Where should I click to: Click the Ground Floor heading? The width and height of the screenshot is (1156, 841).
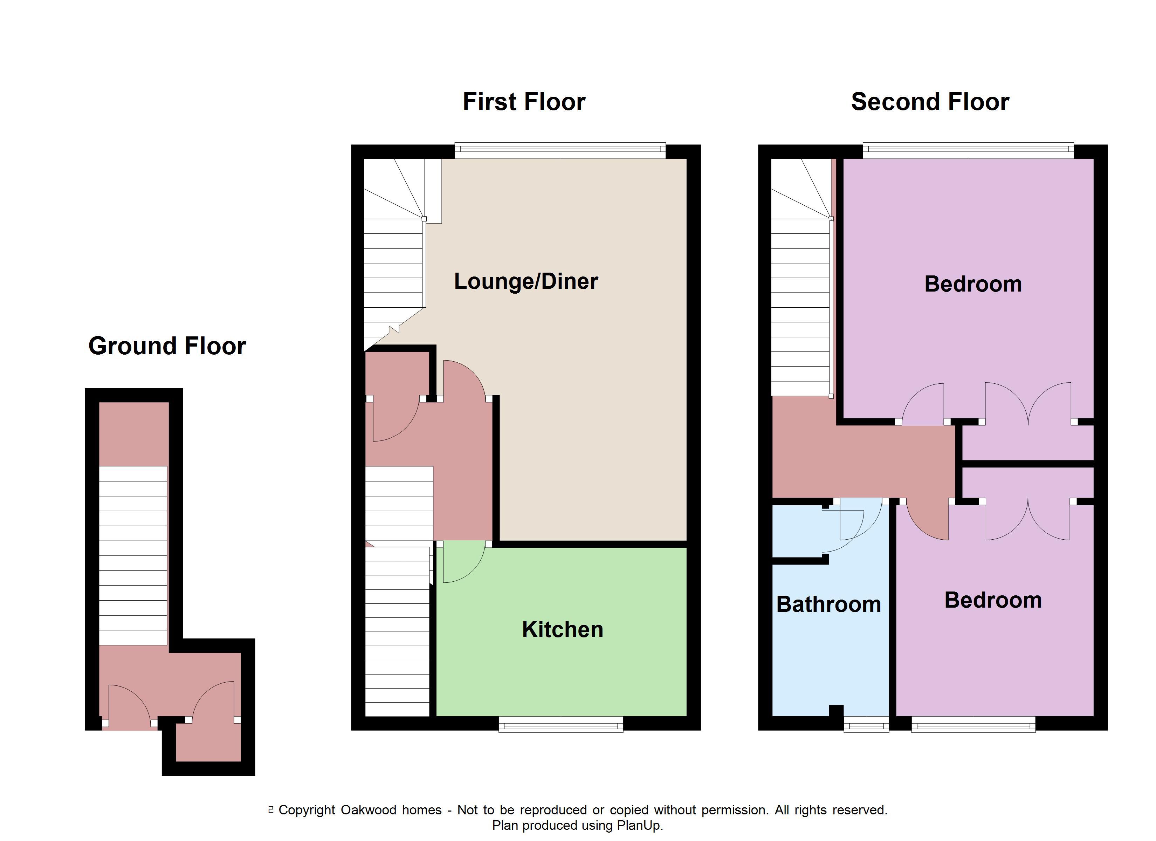pyautogui.click(x=167, y=346)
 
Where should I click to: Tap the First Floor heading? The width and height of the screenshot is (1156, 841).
pyautogui.click(x=524, y=102)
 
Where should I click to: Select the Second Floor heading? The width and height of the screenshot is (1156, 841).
pyautogui.click(x=930, y=102)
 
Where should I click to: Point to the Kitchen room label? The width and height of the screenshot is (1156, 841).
pyautogui.click(x=562, y=630)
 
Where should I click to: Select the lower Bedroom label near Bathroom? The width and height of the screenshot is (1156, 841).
pyautogui.click(x=993, y=600)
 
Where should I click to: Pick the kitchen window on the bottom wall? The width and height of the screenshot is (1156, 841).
pyautogui.click(x=561, y=724)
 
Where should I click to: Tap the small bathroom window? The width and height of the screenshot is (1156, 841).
pyautogui.click(x=866, y=724)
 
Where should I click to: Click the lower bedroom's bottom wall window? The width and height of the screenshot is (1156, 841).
pyautogui.click(x=973, y=724)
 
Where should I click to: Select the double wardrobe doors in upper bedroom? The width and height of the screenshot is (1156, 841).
pyautogui.click(x=1028, y=403)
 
